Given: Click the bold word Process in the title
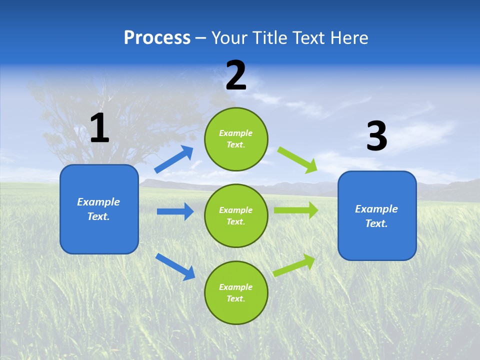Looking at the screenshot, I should coord(157,38).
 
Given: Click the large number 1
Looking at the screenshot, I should coord(99,128).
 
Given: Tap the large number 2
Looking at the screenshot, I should coord(236,75).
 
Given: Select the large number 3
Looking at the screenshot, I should coord(376,136).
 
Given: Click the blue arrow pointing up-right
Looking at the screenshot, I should coord(173,159).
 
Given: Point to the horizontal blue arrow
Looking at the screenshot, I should coord(175,211).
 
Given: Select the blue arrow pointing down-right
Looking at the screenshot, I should coord(175,266).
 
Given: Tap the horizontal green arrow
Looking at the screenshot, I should coord(296,210).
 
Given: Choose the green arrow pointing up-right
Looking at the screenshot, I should coord(294,265).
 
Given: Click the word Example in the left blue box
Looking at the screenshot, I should coord(98,202).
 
